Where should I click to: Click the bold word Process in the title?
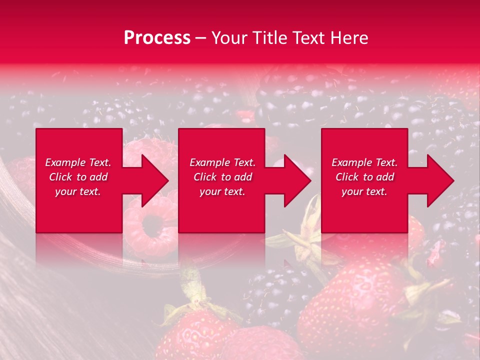tap(157, 38)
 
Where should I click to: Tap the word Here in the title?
tap(349, 38)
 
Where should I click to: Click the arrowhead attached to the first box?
tap(152, 180)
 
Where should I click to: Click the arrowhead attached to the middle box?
tap(295, 180)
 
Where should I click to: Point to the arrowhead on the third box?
tap(438, 180)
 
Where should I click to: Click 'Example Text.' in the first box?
tap(78, 162)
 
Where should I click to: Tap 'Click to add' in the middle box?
tap(222, 177)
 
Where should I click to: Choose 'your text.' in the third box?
tap(364, 191)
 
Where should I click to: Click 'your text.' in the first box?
tap(78, 191)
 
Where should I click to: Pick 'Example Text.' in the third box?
tap(364, 162)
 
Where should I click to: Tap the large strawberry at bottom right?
tap(350, 305)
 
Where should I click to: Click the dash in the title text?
tap(200, 38)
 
